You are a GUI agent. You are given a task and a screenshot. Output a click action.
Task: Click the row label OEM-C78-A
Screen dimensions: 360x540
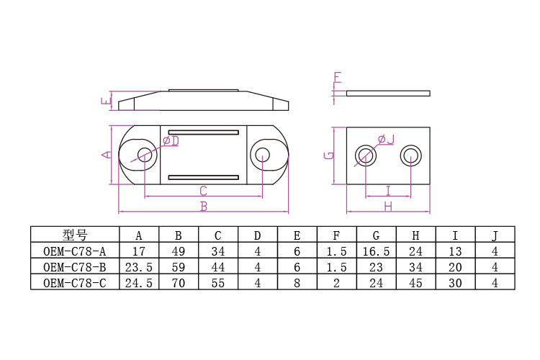[x=74, y=251]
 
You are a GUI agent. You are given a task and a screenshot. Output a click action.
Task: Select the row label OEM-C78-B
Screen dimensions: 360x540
[x=74, y=267]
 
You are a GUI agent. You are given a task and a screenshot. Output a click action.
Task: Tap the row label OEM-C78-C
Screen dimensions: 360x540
[x=74, y=283]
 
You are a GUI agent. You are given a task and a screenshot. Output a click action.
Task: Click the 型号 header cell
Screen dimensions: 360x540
[x=74, y=235]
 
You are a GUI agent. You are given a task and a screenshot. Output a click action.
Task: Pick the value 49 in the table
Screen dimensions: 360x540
[x=178, y=251]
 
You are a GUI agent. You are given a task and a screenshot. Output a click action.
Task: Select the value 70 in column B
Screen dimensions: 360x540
[x=178, y=283]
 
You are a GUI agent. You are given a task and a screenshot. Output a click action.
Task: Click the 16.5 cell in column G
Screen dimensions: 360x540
[x=376, y=251]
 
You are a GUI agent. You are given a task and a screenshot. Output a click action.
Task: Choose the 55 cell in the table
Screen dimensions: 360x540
[x=217, y=283]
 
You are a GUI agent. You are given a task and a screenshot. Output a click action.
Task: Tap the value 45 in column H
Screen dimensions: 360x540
[x=415, y=283]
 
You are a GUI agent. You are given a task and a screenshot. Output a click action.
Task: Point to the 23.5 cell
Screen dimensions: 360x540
[x=138, y=267]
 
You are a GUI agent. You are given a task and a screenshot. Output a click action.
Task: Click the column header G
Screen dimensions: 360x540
[x=376, y=235]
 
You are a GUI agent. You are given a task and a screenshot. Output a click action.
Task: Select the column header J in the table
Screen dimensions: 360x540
[x=495, y=235]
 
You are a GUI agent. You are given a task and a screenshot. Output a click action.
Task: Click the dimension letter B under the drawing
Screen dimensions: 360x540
[x=204, y=207]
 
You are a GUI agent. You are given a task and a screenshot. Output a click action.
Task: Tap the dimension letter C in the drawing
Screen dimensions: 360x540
[x=203, y=191]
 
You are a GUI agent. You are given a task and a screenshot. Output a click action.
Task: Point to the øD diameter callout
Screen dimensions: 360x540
[x=171, y=141]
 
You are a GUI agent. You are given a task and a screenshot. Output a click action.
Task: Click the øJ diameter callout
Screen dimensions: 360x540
[x=386, y=139]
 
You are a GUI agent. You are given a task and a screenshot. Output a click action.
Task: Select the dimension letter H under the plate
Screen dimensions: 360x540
[x=387, y=207]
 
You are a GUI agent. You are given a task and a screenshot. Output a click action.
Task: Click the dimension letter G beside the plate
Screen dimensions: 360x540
[x=328, y=155]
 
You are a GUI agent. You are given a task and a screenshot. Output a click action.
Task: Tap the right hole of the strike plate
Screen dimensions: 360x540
[x=411, y=155]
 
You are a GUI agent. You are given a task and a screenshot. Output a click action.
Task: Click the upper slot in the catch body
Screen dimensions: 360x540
[x=203, y=132]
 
